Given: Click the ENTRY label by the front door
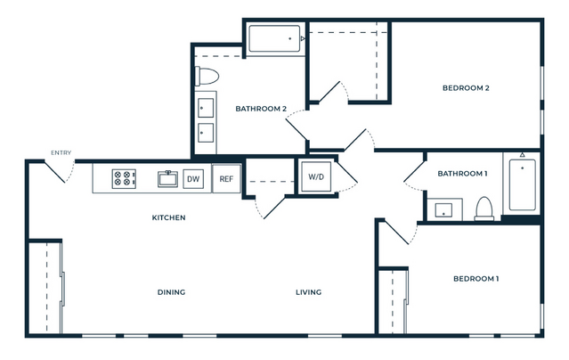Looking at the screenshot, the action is [61, 153].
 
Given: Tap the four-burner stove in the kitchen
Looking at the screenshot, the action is [124, 179].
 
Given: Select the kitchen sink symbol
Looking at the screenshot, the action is [167, 179].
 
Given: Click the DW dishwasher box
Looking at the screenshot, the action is [193, 179].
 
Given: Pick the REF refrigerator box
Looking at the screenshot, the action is [226, 179].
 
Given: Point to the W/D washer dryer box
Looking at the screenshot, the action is [316, 177].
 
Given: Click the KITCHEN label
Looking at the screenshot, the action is [168, 217].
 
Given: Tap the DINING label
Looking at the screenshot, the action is [171, 292].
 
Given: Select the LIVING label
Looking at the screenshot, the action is [308, 292].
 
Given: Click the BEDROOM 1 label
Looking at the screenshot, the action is [476, 279].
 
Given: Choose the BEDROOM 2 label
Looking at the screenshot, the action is [466, 88].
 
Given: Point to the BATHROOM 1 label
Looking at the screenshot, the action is [462, 174].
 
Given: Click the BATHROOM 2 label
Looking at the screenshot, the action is [261, 109].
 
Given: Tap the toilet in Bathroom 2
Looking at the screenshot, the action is [207, 77].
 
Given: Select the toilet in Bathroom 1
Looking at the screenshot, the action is [484, 209].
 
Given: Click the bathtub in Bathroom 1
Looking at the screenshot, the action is [522, 185].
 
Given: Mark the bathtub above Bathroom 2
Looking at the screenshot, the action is [274, 38].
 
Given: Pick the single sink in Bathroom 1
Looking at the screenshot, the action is [443, 210].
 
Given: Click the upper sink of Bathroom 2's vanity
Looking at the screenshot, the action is [206, 108].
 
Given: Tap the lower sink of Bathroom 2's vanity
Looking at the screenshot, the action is [206, 133].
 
